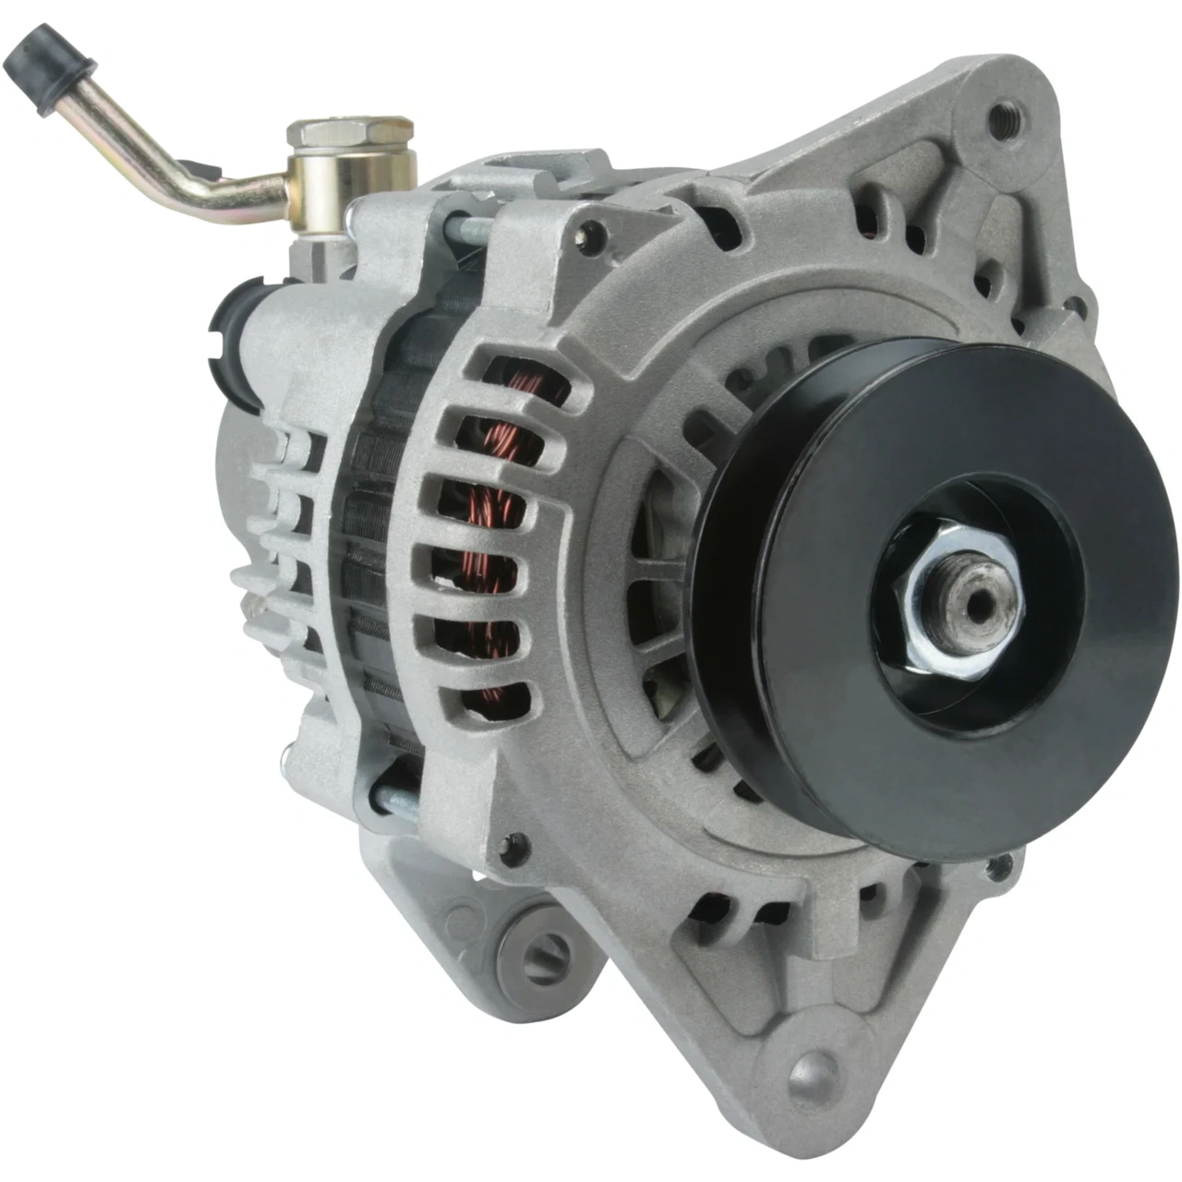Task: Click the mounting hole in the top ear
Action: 998,118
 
